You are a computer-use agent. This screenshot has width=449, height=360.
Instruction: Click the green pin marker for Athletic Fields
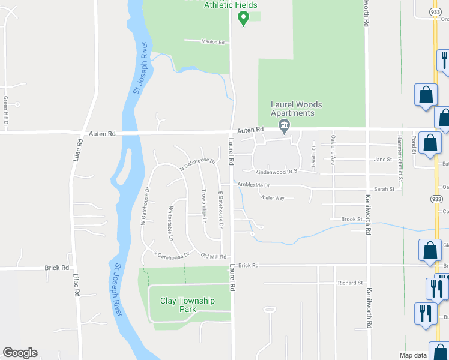[243, 18]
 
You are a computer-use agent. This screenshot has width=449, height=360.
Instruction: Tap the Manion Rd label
[212, 43]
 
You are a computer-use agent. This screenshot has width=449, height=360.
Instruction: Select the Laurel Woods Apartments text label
[292, 109]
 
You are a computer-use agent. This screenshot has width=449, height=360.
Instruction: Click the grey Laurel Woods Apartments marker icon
[284, 125]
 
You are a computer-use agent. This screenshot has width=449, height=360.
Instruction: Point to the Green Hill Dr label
[6, 111]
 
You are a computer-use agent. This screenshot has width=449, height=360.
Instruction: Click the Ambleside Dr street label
[253, 185]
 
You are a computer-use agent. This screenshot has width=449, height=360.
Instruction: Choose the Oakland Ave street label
[333, 150]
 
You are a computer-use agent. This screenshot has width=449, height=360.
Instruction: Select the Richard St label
[351, 283]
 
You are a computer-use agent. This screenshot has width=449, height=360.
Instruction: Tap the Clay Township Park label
[187, 305]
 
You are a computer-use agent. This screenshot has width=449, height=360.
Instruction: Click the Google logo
[20, 353]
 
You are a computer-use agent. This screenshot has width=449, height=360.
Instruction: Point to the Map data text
[414, 355]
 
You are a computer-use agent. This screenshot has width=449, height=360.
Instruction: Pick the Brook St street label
[352, 220]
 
